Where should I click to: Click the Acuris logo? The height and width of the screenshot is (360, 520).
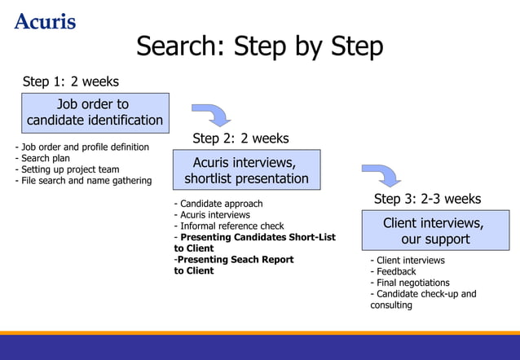[x=45, y=20]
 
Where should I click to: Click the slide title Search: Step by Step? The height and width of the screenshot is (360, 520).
[x=259, y=46]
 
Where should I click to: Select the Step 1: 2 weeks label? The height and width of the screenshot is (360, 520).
[x=71, y=81]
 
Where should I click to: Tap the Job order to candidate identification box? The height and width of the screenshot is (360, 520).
[x=95, y=112]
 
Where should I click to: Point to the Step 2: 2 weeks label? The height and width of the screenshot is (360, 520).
[x=240, y=138]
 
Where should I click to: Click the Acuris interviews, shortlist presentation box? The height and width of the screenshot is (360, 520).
[x=246, y=170]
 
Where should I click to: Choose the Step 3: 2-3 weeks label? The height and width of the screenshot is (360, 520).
[x=427, y=199]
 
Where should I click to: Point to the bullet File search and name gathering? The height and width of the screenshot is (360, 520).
[x=83, y=181]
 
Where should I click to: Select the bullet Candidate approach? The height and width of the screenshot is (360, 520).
[x=218, y=204]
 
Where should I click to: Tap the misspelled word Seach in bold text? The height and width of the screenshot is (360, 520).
[x=247, y=260]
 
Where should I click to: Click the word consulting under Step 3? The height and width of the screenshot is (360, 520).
[x=391, y=305]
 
